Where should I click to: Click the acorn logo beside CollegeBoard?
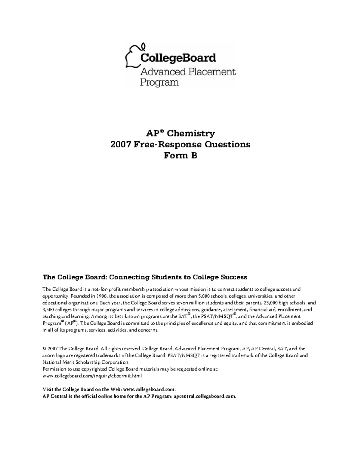[x=134, y=56]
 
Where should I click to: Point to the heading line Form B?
[x=180, y=156]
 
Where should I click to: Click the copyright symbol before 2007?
[x=44, y=349]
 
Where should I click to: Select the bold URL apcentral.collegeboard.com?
[x=205, y=396]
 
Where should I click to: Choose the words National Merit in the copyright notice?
[x=56, y=362]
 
